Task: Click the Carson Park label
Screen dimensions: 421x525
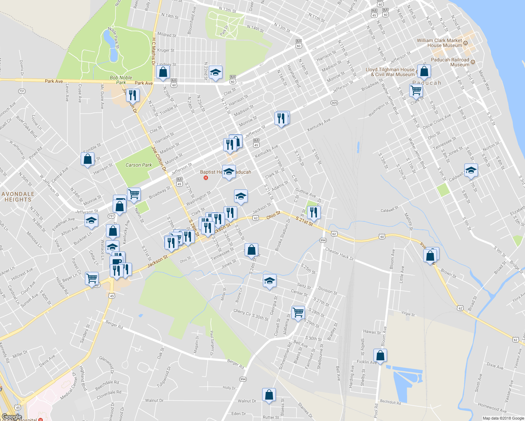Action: pos(139,165)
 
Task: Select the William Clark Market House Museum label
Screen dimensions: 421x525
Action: pos(439,43)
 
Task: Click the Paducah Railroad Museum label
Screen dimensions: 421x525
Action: pos(450,62)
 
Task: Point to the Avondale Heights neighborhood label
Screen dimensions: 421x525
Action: pos(18,197)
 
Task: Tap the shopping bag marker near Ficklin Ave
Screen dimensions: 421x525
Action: pos(380,356)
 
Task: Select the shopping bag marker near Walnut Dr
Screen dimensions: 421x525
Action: pos(269,395)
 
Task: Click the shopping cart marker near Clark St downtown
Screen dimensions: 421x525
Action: pos(416,91)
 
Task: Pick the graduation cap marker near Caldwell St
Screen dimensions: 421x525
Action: pos(471,171)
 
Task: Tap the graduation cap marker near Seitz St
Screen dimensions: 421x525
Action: pos(270,281)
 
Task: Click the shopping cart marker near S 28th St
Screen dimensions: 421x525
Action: pos(298,312)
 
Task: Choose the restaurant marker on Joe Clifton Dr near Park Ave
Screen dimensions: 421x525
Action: pos(133,95)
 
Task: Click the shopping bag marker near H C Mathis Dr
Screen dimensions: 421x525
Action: pos(163,72)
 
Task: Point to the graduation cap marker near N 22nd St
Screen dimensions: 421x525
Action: pos(215,73)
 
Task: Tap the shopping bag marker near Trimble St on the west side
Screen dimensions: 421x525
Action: pos(87,159)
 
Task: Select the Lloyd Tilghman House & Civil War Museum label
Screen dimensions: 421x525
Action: pos(390,72)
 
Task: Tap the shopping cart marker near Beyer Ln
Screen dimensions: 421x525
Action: pos(92,279)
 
